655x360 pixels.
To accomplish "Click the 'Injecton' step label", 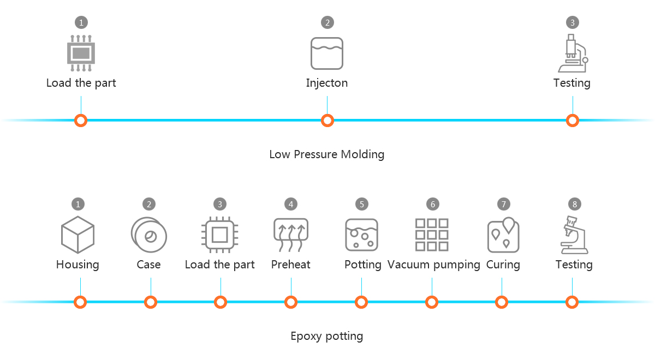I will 326,83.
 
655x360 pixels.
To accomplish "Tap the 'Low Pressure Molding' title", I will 326,154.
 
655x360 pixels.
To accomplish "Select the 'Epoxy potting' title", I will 326,335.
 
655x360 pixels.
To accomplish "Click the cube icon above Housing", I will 78,235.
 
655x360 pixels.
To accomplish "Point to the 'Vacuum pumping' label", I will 433,265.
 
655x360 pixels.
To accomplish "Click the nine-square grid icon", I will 432,235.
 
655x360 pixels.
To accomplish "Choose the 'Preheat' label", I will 290,265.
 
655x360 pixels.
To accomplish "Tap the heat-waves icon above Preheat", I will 291,235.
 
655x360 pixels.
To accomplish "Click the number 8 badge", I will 574,204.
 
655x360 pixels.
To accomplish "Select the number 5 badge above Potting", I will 361,204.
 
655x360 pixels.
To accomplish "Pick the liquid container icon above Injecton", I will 327,53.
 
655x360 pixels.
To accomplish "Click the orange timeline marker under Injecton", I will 327,121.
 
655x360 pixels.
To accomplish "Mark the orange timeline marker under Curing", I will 502,302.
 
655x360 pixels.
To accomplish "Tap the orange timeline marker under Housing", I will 80,302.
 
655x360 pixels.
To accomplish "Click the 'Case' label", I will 148,265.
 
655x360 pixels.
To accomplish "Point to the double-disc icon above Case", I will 148,235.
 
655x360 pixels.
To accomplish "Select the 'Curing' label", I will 503,265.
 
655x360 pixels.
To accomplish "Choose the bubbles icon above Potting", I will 361,235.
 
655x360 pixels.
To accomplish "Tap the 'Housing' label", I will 78,265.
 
